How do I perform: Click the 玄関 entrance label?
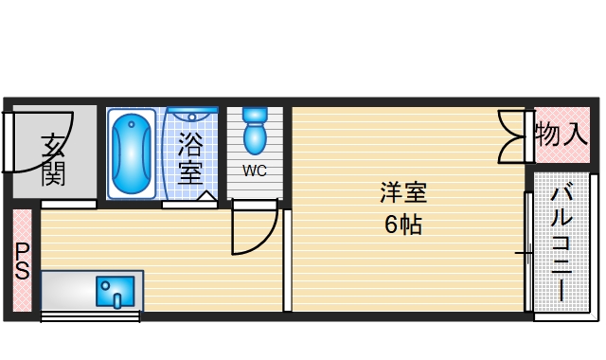(53, 158)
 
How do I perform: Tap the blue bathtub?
(131, 154)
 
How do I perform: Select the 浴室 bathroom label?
(190, 158)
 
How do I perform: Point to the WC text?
(254, 171)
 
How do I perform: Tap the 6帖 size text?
(403, 225)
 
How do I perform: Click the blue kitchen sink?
(116, 291)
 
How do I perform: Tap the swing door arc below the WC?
(254, 232)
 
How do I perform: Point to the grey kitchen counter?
(66, 290)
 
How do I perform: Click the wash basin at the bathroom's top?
(194, 116)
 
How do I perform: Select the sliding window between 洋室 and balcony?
(527, 252)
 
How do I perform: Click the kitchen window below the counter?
(91, 316)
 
